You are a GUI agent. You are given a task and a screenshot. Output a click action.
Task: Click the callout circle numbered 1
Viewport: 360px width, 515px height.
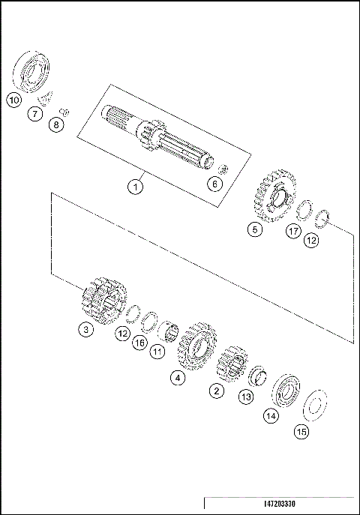135,187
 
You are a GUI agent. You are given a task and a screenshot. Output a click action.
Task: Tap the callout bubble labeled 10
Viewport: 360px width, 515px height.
13,98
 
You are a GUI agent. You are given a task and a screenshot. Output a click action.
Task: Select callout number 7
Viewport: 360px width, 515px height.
35,114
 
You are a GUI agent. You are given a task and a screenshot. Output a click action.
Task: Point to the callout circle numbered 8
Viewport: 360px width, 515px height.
56,125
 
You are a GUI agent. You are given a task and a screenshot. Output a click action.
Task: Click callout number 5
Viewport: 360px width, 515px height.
256,230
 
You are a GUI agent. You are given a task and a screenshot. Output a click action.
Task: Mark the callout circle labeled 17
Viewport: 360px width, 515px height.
294,232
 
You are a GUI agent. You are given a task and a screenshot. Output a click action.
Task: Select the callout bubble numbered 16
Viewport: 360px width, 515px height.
139,343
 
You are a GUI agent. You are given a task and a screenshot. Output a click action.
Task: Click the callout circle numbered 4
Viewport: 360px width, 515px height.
178,378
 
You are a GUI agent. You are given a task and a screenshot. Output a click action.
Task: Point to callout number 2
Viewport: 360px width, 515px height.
216,390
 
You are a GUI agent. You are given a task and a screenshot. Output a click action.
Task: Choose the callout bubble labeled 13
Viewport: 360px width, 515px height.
246,397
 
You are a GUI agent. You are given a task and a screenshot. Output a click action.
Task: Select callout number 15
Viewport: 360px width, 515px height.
301,432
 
